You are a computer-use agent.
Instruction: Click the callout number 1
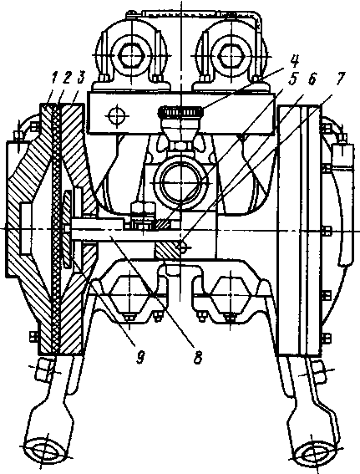53,79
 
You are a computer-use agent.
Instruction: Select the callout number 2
67,79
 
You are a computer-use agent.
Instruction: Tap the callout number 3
81,79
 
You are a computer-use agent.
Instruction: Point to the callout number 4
293,62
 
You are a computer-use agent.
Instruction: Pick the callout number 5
292,79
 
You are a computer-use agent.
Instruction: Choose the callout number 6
312,79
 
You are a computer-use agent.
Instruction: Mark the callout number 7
338,79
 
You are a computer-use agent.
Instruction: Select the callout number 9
139,357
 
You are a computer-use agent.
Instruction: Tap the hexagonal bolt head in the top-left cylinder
132,56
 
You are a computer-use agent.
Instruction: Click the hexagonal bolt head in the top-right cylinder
231,56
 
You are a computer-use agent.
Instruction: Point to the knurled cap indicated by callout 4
180,112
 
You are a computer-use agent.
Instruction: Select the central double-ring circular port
180,182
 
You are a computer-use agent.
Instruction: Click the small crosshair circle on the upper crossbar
115,115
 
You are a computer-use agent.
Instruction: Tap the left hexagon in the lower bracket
129,294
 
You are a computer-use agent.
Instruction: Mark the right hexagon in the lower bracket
231,294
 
